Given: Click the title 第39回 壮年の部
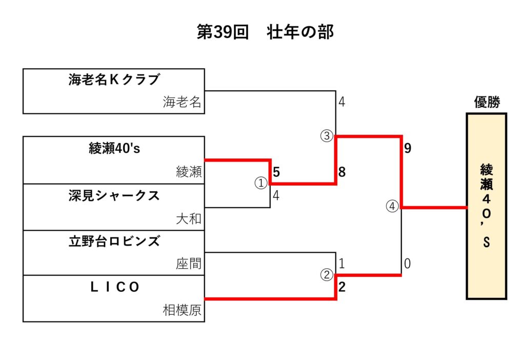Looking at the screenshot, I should pyautogui.click(x=265, y=32).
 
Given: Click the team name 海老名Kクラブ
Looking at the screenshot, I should pyautogui.click(x=114, y=79).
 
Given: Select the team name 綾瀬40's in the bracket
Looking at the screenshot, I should pyautogui.click(x=114, y=149).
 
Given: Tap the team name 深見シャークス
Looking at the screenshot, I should pyautogui.click(x=114, y=195).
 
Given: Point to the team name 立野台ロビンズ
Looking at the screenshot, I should pyautogui.click(x=114, y=241).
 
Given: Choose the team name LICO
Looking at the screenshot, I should pyautogui.click(x=114, y=288).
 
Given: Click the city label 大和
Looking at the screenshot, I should pyautogui.click(x=189, y=219).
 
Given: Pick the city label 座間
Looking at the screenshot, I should pyautogui.click(x=189, y=264).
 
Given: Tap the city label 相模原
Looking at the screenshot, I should pyautogui.click(x=182, y=310).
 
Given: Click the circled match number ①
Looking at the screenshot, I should pyautogui.click(x=261, y=183).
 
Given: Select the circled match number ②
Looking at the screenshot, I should pyautogui.click(x=327, y=275).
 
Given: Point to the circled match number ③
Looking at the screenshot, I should pyautogui.click(x=327, y=136).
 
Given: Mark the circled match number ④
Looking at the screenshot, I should pyautogui.click(x=392, y=207).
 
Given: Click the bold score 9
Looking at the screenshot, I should pyautogui.click(x=408, y=149).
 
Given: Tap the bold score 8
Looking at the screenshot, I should pyautogui.click(x=342, y=172).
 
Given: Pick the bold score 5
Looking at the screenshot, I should pyautogui.click(x=276, y=172).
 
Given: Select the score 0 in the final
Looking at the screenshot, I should pyautogui.click(x=408, y=264).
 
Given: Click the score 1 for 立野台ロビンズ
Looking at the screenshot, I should pyautogui.click(x=342, y=264).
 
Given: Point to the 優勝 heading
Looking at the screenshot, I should pyautogui.click(x=486, y=103).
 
